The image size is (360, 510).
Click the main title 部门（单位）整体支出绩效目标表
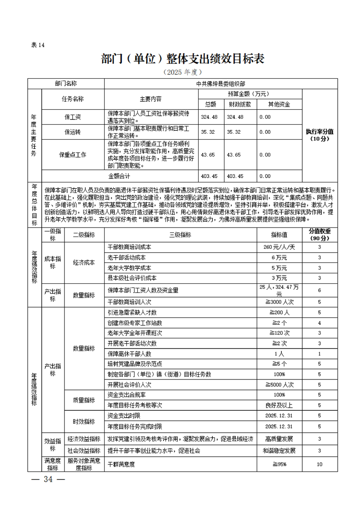pos(183,59)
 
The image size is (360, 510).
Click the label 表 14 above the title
pos(38,45)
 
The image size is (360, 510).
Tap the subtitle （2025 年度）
pos(182,72)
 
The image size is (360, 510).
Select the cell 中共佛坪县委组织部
pos(221,84)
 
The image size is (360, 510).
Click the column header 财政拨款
pos(240,104)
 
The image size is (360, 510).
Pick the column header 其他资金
pos(279,104)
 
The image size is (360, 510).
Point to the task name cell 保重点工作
pos(73,155)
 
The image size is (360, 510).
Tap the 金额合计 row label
pos(120,176)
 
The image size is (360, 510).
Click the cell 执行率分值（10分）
pos(320,135)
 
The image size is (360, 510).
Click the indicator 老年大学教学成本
pos(130,268)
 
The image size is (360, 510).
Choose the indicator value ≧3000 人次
pos(279,302)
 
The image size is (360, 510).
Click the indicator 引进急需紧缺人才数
pos(132,313)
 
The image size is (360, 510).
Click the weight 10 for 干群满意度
pos(320,464)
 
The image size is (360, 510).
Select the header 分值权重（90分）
pos(320,234)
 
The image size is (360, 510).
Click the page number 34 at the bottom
pos(47,480)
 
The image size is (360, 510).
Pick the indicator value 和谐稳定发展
pos(279,451)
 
